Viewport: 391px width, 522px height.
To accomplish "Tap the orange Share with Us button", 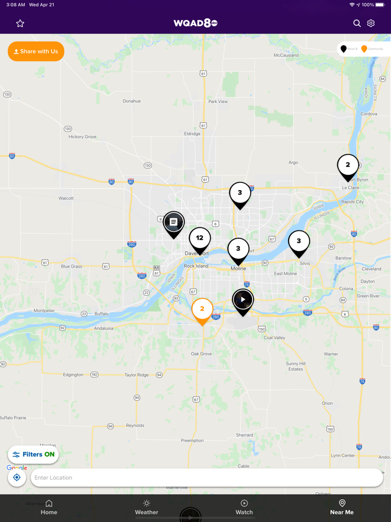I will (x=36, y=51).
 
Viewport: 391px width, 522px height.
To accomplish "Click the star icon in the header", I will (x=20, y=23).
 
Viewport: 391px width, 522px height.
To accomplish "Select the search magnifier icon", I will (x=357, y=23).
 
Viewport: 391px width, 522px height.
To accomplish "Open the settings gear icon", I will (x=371, y=23).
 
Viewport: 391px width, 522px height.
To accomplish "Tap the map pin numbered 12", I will (x=199, y=239).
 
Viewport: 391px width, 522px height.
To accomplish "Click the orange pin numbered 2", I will (x=202, y=310).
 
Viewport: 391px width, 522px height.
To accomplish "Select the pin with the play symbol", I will (x=243, y=300).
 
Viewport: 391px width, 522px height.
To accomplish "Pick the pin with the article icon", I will (x=174, y=222).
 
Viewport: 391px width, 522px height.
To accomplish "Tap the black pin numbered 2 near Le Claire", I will (x=348, y=165).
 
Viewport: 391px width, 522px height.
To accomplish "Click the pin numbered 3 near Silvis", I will (x=299, y=241).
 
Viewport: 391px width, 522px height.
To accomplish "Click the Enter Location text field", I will (x=207, y=478).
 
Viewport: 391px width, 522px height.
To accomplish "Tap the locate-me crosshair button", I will (x=17, y=478).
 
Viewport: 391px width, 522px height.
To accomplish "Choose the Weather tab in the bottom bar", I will (x=146, y=507).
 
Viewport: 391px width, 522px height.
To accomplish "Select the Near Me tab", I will (x=342, y=507).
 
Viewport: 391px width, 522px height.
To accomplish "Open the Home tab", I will (x=49, y=507).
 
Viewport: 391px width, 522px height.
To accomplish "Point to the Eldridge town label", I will (x=192, y=134).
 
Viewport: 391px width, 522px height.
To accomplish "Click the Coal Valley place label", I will (x=274, y=338).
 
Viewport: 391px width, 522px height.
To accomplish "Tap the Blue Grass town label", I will (x=71, y=267).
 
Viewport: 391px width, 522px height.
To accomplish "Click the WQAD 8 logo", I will (x=195, y=23).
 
